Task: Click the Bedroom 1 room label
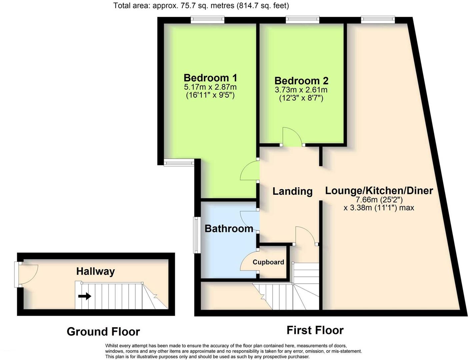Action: [x=210, y=78]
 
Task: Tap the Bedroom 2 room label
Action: [x=301, y=81]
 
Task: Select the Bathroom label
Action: [x=229, y=229]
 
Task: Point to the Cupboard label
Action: [x=268, y=262]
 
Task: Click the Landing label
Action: [x=292, y=191]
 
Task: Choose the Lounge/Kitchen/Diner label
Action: [x=379, y=191]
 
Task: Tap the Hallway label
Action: [x=95, y=271]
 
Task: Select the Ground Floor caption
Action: [x=103, y=332]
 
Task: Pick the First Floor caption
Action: [x=315, y=330]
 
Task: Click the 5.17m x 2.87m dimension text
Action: [x=210, y=87]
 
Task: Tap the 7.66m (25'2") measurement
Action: [x=379, y=200]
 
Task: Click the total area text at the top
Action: [x=201, y=5]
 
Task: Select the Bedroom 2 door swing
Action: [x=292, y=137]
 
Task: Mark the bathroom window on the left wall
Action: [x=197, y=235]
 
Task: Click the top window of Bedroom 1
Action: [x=207, y=20]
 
